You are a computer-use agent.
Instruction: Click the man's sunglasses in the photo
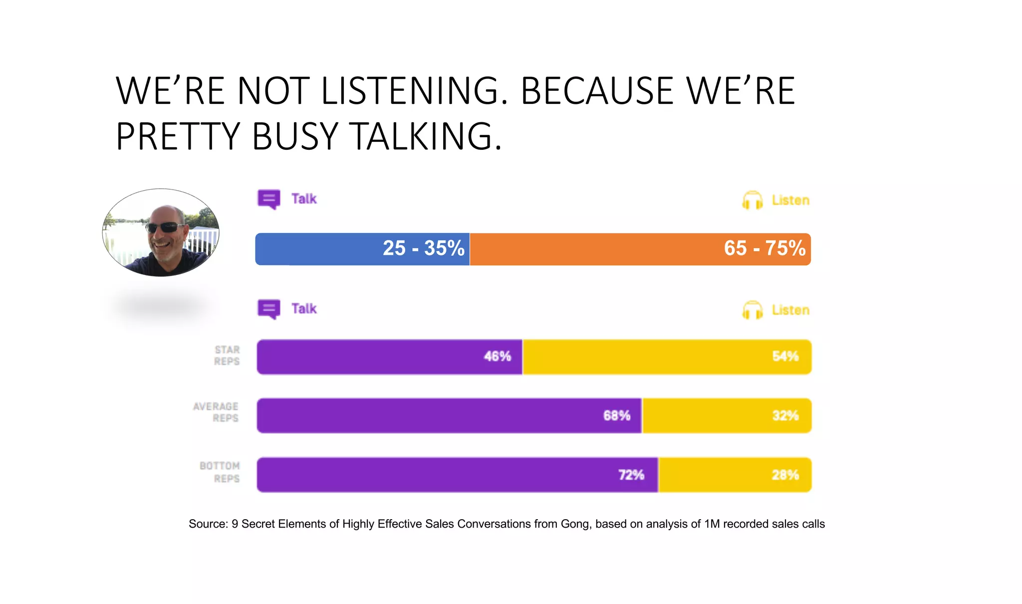tap(166, 228)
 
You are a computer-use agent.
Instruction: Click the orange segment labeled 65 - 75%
tap(599, 249)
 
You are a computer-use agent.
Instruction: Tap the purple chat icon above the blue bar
tap(268, 199)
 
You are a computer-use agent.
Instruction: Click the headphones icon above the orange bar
tap(752, 201)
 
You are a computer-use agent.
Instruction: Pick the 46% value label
tap(497, 356)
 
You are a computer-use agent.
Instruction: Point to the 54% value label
tap(785, 356)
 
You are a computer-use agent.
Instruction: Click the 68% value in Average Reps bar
tap(617, 415)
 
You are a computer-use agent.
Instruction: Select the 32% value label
tap(785, 415)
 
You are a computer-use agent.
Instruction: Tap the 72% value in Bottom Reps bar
tap(631, 475)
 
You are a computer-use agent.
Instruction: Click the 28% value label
tap(785, 475)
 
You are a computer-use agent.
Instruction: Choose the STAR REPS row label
tap(227, 355)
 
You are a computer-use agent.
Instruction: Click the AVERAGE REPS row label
tap(216, 412)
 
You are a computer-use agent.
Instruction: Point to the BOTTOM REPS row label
tap(220, 472)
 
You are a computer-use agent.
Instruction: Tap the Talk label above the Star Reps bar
tap(304, 308)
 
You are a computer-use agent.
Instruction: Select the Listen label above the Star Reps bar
tap(790, 310)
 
